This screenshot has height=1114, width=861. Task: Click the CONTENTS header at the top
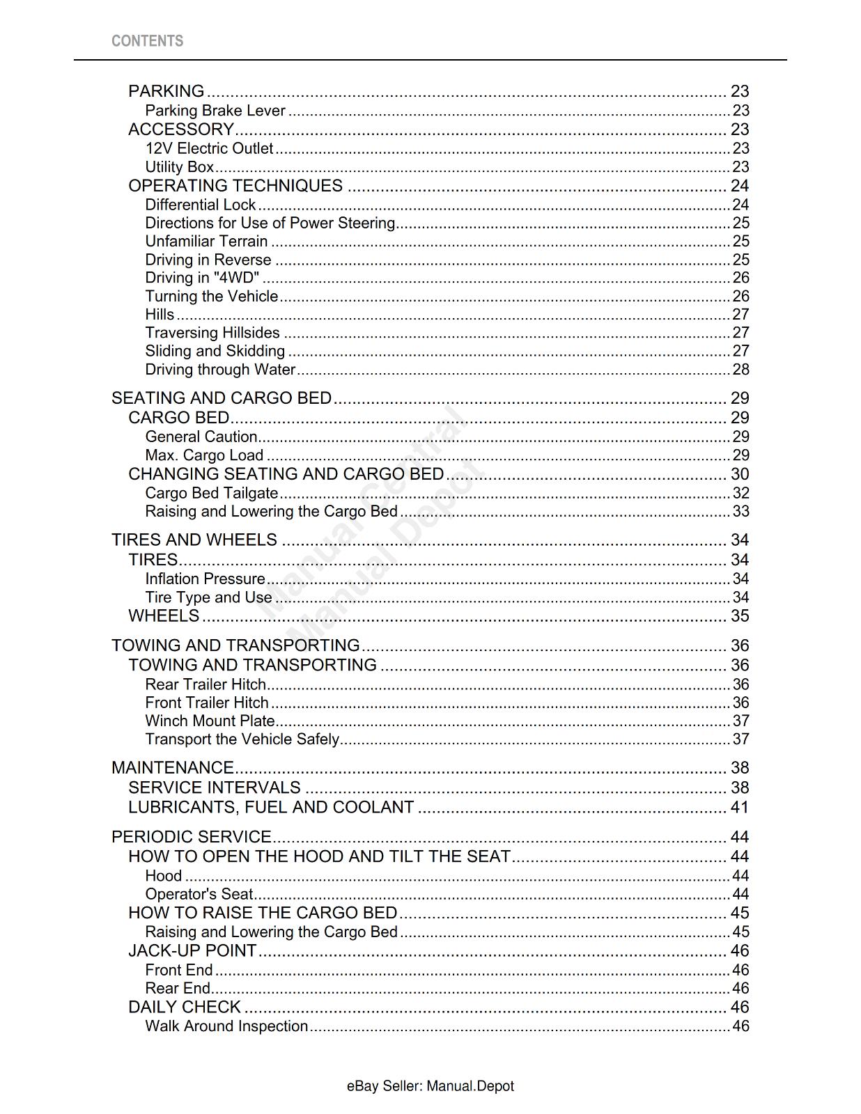tap(147, 41)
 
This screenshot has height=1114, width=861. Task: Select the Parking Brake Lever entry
tap(215, 111)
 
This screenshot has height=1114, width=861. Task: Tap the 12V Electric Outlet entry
tap(209, 148)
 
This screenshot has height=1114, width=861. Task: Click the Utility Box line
tap(179, 167)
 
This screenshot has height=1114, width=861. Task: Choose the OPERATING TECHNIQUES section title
tap(235, 186)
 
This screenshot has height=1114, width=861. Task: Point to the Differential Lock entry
tap(201, 205)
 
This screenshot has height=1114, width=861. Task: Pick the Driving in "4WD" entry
tap(202, 278)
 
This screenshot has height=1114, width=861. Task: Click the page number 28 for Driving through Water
tap(740, 370)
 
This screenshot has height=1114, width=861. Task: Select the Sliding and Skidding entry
tap(215, 351)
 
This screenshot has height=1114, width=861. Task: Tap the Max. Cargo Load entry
tap(204, 455)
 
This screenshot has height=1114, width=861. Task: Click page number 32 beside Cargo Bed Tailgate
tap(740, 493)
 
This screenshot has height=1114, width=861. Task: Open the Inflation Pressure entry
tap(205, 579)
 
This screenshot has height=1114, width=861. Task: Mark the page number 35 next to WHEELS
tap(740, 616)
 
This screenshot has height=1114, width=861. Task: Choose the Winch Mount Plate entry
tap(210, 721)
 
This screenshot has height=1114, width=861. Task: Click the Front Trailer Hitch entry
tap(207, 703)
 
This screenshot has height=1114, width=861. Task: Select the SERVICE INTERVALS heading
tap(215, 787)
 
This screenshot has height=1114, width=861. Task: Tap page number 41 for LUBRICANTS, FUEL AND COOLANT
tap(740, 808)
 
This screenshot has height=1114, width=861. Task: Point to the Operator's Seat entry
tap(199, 894)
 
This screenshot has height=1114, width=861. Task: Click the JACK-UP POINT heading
tap(192, 951)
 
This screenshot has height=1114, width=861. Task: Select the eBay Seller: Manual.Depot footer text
tap(430, 1086)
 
